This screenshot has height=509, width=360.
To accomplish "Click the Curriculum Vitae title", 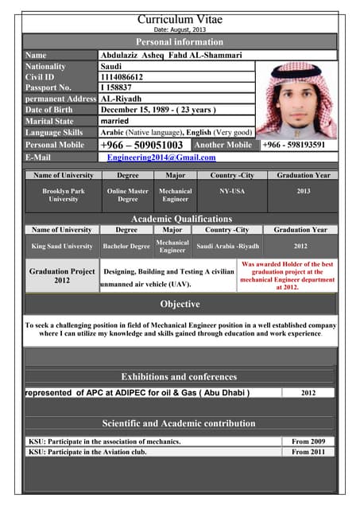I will click(x=180, y=18).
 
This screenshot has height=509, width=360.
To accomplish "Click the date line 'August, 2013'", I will click(x=180, y=30).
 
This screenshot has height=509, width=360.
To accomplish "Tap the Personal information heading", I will click(x=180, y=42).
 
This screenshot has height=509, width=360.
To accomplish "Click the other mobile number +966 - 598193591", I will click(x=293, y=146).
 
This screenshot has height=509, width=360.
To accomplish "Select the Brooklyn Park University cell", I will click(x=64, y=195).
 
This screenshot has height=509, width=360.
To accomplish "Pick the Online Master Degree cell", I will click(x=127, y=195).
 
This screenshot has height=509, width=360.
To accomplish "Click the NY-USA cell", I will click(x=232, y=191).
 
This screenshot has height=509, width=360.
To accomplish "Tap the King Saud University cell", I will click(x=62, y=247).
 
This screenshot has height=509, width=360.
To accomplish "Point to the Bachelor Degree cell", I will click(x=126, y=247).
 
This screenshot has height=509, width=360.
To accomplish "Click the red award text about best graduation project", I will click(x=287, y=275).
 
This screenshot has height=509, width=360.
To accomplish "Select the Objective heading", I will click(x=180, y=305).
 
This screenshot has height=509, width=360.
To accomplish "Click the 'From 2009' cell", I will click(x=308, y=441).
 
